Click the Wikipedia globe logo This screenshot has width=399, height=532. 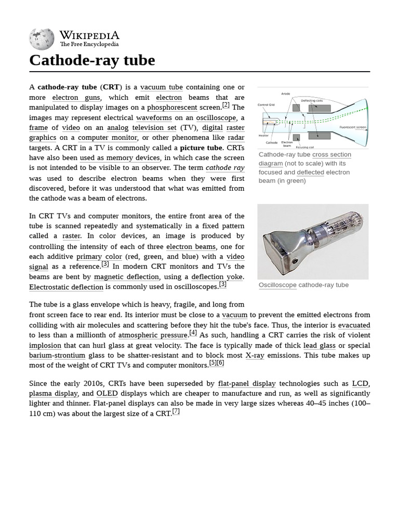coord(42,39)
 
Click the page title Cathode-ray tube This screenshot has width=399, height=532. coord(92,60)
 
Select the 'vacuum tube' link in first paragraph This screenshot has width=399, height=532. coord(161,87)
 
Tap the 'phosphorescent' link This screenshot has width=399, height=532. coord(172,108)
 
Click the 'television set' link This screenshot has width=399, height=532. coord(154,128)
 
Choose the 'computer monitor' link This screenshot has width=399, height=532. coord(108,138)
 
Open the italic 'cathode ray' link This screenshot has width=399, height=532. coord(225,168)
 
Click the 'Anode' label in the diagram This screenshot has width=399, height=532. coord(285,94)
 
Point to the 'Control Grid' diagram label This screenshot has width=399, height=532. coord(266,105)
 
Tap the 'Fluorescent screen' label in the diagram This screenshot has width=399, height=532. coord(353,127)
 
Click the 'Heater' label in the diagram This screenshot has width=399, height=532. coord(263,136)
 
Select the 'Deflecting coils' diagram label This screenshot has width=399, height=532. coord(312,100)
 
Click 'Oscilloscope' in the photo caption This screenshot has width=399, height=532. coord(277,285)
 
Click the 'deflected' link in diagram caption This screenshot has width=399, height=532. coord(310,172)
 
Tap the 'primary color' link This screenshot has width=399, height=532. coord(99,257)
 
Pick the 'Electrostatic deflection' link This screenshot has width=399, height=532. coord(66,287)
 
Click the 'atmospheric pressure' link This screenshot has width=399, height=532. coord(153,336)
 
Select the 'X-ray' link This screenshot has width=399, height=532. coord(255,356)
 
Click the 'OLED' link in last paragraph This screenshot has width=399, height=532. coord(107,394)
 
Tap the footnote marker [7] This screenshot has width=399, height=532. coord(176,412)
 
